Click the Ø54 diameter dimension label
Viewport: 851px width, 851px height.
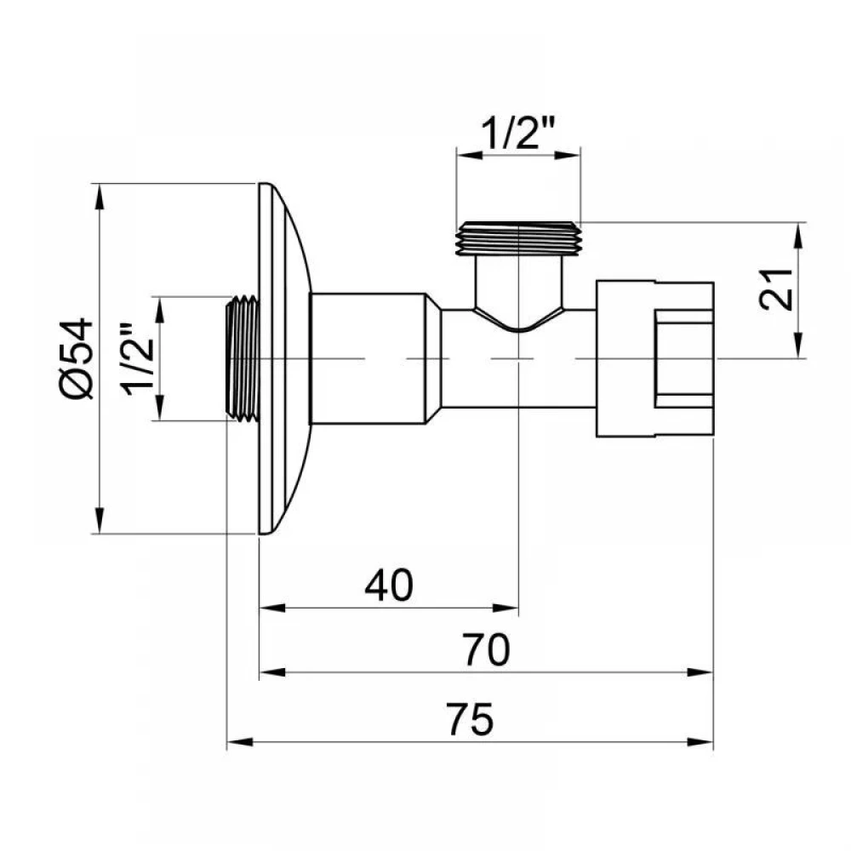(76, 359)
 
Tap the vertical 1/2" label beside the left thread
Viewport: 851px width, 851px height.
(137, 359)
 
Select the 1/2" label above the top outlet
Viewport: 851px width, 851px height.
(518, 132)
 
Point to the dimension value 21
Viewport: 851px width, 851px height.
(775, 288)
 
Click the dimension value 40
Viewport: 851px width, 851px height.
(389, 585)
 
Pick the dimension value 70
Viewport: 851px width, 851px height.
(486, 649)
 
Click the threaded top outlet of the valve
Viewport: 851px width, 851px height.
(519, 239)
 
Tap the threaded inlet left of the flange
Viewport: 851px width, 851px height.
(242, 358)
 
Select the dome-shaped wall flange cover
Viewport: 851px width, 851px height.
(285, 359)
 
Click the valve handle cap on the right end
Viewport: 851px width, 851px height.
(654, 359)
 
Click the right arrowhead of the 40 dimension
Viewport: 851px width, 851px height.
(505, 608)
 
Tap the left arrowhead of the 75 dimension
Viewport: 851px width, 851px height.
(240, 742)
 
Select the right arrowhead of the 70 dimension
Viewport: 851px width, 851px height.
(700, 672)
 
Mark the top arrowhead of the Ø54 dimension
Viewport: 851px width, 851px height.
(99, 197)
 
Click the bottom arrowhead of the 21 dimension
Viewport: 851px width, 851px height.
(798, 346)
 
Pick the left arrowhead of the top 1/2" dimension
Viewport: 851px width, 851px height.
(470, 155)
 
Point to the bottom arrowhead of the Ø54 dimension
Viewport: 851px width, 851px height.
(99, 521)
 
